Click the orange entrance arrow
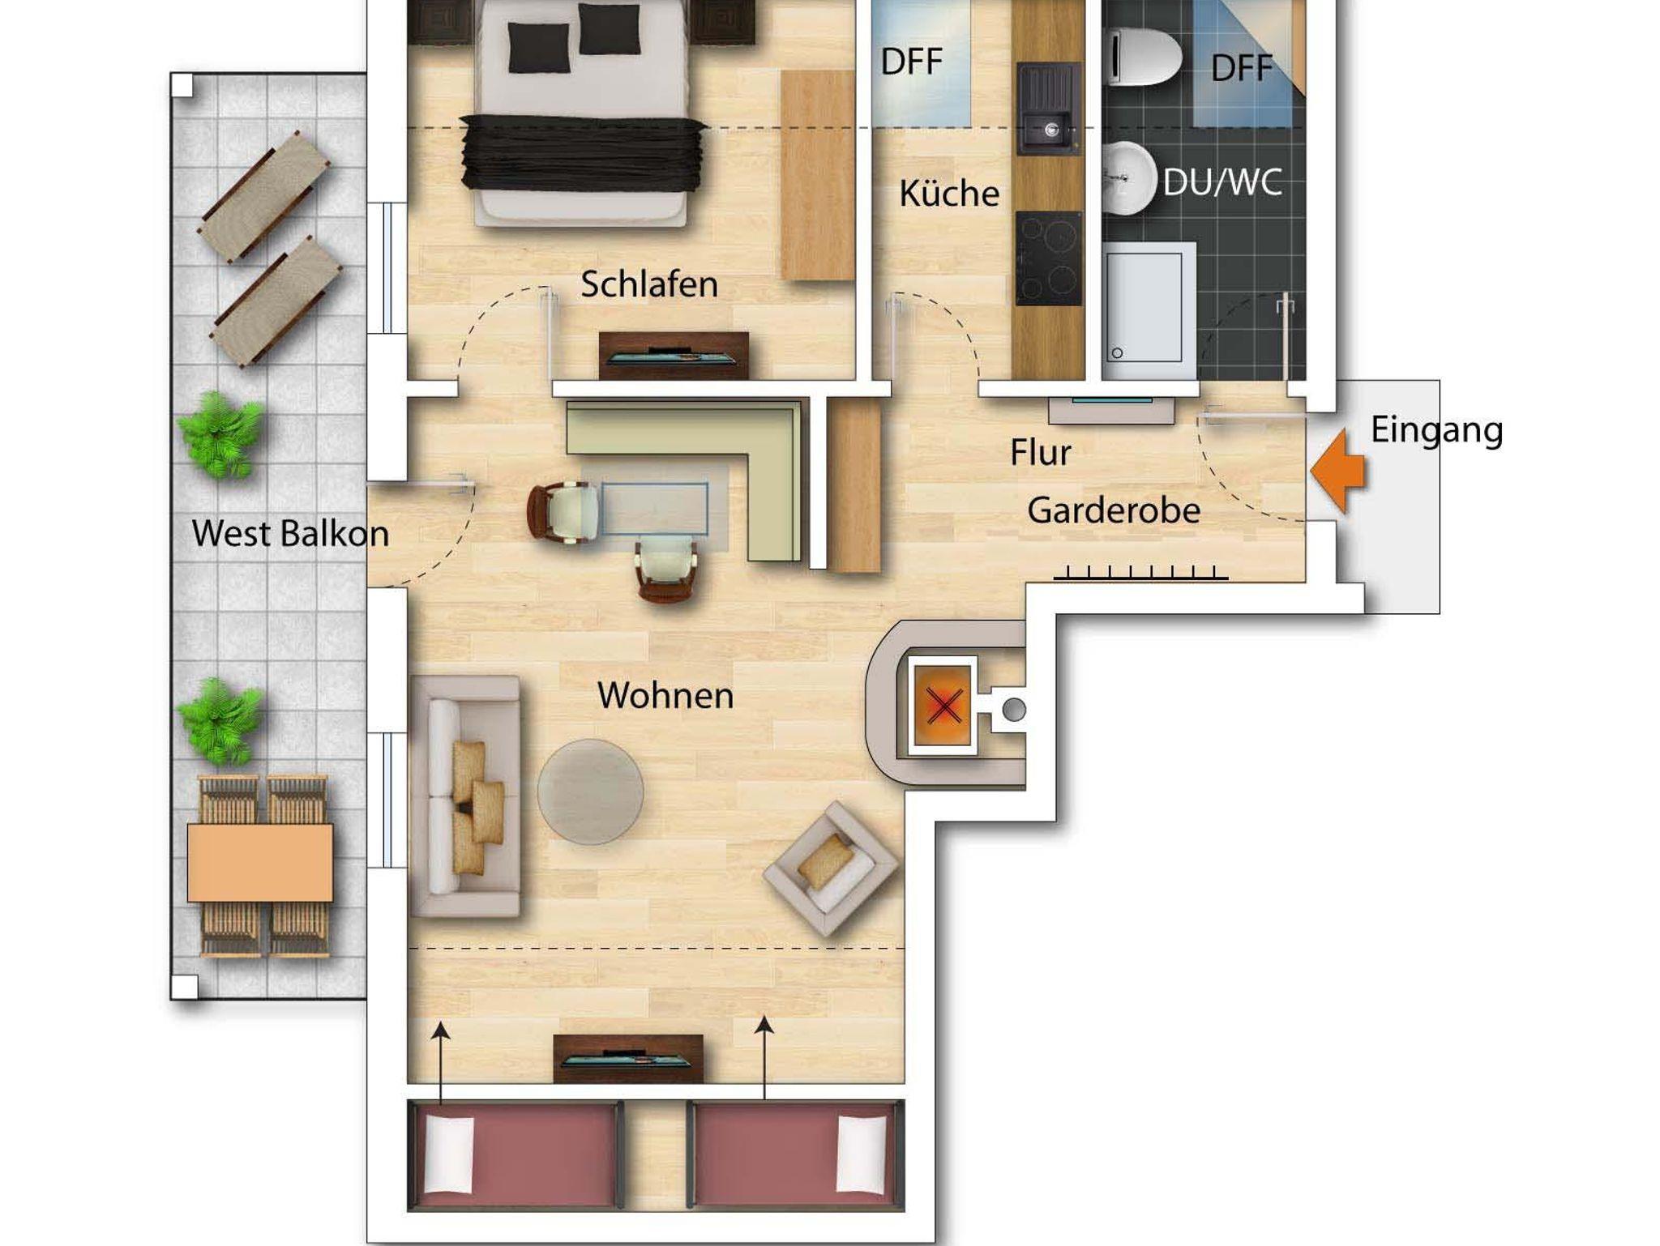1338,472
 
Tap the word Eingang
1436,430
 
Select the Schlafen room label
649,284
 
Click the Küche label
949,193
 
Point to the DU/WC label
1222,182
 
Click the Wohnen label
665,695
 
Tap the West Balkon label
290,533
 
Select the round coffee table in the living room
590,792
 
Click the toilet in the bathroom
1144,56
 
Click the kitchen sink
1049,109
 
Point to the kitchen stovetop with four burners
1049,258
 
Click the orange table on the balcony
260,863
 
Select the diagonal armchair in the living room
831,868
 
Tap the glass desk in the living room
653,509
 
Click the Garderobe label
1114,510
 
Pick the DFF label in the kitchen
912,62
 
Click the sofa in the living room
465,796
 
